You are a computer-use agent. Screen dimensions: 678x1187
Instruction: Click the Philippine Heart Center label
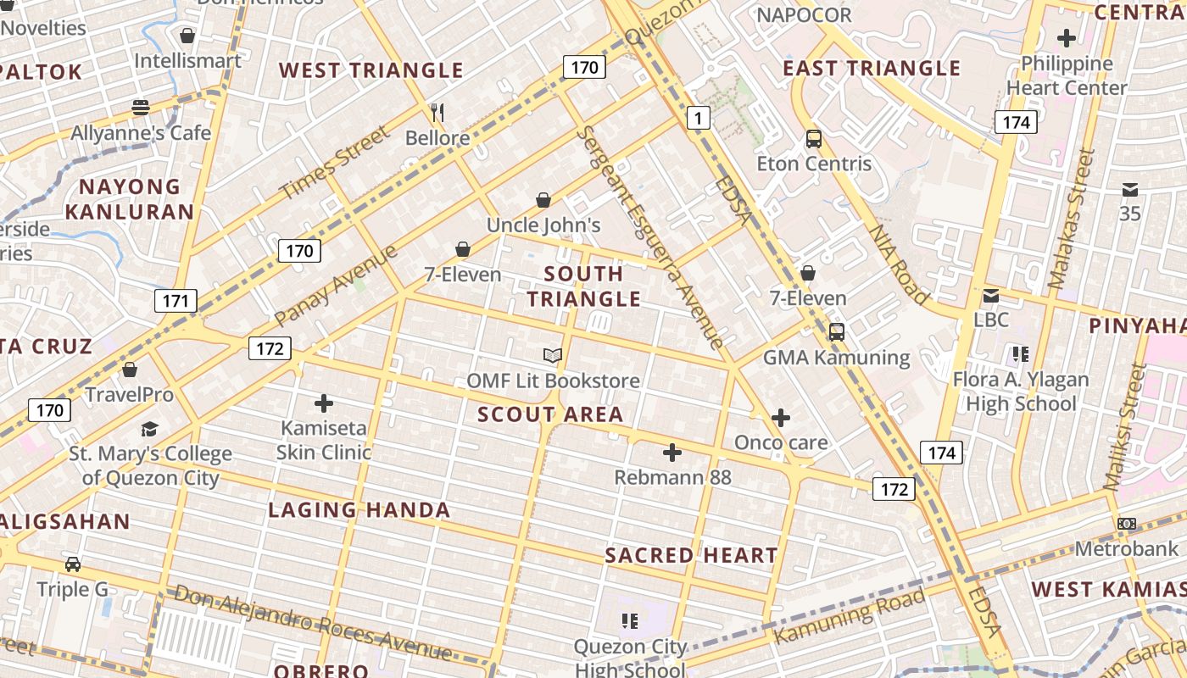[x=1067, y=75]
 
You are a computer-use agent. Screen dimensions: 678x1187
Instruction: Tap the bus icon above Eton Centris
[x=813, y=139]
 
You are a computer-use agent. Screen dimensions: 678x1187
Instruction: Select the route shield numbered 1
[x=697, y=118]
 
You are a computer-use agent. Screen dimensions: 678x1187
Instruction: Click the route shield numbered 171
[x=176, y=300]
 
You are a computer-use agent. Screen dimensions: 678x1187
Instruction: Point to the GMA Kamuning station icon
[x=836, y=332]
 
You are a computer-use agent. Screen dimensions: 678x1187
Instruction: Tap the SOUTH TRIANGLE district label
[x=584, y=286]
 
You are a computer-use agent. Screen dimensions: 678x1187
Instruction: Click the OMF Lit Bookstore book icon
[x=553, y=356]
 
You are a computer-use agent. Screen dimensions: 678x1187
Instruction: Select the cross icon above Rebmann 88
[x=672, y=453]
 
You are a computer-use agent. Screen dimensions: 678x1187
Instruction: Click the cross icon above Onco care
[x=781, y=418]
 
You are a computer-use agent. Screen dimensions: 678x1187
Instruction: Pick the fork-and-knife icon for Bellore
[x=437, y=112]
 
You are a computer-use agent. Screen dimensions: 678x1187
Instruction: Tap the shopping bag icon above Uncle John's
[x=543, y=200]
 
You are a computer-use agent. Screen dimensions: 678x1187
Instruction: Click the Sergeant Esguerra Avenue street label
[x=651, y=238]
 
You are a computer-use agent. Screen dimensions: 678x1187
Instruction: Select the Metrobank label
[x=1127, y=548]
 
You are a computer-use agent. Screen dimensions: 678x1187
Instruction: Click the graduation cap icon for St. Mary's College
[x=150, y=429]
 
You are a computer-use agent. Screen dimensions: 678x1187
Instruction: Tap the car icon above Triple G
[x=73, y=564]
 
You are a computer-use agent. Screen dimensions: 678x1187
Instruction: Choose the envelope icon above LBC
[x=990, y=296]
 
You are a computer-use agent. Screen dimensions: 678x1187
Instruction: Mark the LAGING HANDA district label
[x=359, y=510]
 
